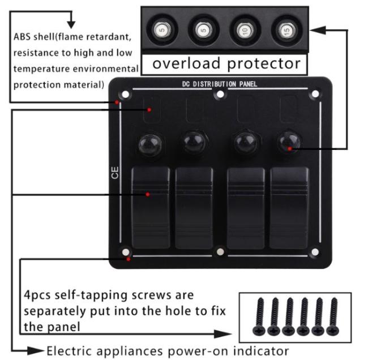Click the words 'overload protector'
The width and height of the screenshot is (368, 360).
pos(226,63)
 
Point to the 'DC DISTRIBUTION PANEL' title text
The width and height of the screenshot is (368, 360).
pos(220,84)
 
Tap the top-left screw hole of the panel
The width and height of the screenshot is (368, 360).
pos(126,95)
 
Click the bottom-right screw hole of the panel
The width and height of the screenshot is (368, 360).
pos(315,252)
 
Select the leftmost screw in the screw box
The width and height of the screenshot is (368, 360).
pos(261,315)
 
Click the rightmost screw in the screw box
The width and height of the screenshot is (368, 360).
pos(333,315)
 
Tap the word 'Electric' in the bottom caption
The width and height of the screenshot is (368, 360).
pos(66,350)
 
